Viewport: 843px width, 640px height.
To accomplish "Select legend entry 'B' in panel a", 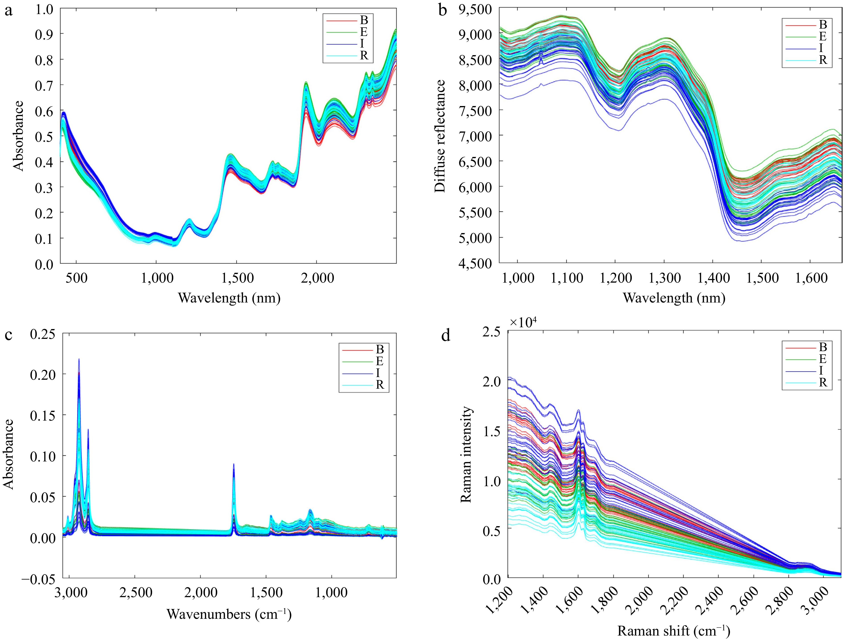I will click(x=364, y=20).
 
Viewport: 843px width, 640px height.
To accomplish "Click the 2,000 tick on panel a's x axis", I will click(x=317, y=278).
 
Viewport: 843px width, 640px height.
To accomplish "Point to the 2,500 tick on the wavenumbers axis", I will click(x=136, y=592).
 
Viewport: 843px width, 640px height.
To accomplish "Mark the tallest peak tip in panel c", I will click(x=79, y=359).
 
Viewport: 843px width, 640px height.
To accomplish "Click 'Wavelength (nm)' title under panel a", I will click(x=229, y=298).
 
